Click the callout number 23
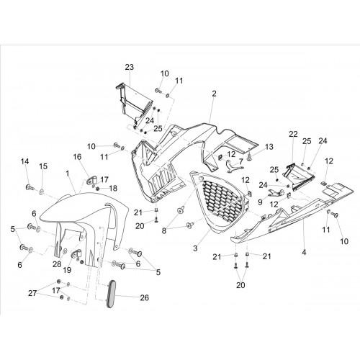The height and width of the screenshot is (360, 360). pyautogui.click(x=129, y=67)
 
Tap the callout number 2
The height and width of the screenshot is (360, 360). pyautogui.click(x=214, y=94)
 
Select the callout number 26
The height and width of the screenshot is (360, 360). pyautogui.click(x=144, y=297)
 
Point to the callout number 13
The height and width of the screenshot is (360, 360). pyautogui.click(x=269, y=146)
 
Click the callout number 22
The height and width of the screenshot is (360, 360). pyautogui.click(x=293, y=134)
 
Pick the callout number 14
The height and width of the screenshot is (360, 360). pyautogui.click(x=24, y=161)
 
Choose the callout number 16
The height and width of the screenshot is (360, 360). pyautogui.click(x=77, y=157)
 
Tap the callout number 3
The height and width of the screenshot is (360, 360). pyautogui.click(x=195, y=248)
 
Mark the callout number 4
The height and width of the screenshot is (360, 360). pyautogui.click(x=304, y=252)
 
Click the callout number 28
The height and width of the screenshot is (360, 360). pyautogui.click(x=57, y=264)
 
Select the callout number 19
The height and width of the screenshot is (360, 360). pyautogui.click(x=67, y=270)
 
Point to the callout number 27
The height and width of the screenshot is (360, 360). pyautogui.click(x=32, y=293)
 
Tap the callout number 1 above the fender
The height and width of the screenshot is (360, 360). pyautogui.click(x=68, y=173)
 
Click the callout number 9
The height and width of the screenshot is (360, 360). pyautogui.click(x=260, y=202)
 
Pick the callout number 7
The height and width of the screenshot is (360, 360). pyautogui.click(x=240, y=161)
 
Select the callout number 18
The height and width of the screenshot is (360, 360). pyautogui.click(x=113, y=189)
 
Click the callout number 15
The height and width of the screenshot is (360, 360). pyautogui.click(x=43, y=166)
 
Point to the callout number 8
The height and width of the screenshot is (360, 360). pyautogui.click(x=164, y=231)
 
